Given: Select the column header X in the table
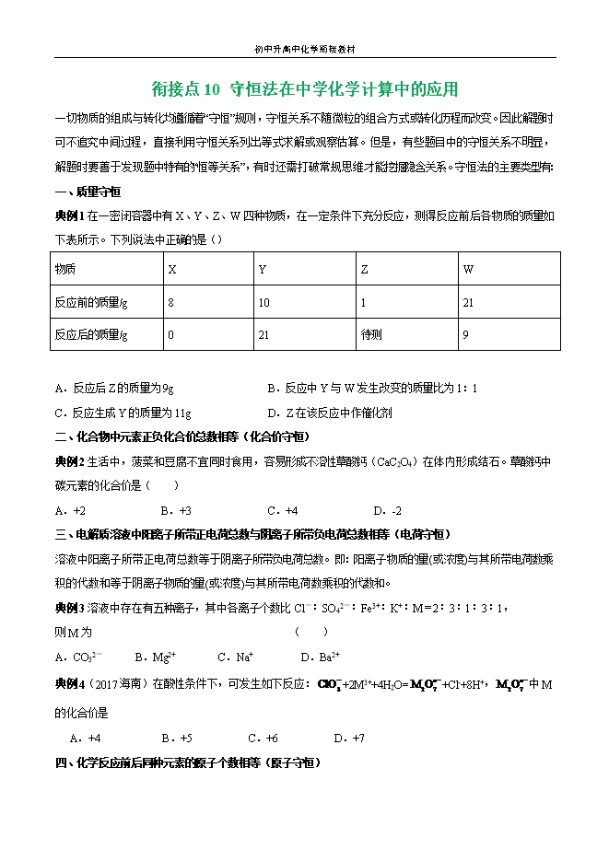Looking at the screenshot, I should [x=171, y=269].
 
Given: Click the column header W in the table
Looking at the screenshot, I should [x=468, y=269].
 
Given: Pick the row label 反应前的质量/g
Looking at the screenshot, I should [x=91, y=302].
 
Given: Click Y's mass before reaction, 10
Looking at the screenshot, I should [x=264, y=302].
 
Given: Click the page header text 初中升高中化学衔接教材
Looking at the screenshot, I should [x=304, y=48].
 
